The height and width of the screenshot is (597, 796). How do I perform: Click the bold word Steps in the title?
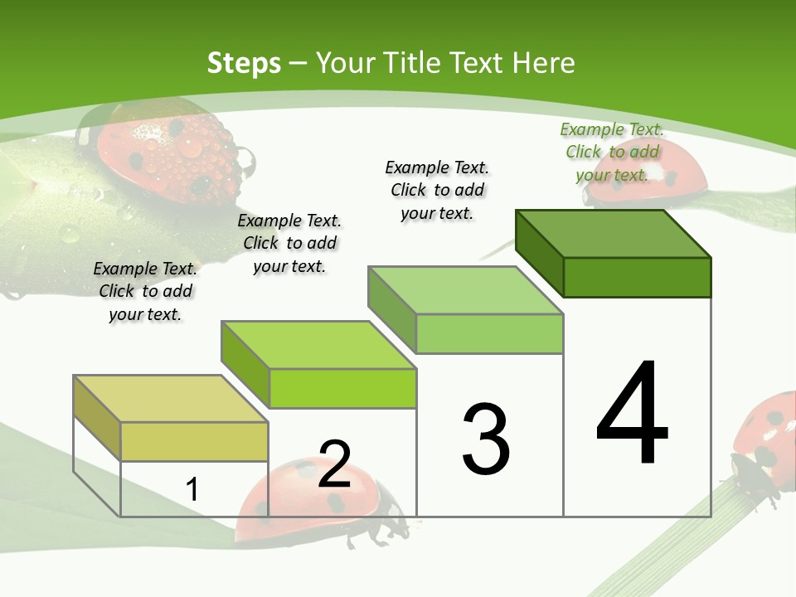click(x=244, y=63)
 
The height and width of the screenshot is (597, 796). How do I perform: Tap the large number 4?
click(x=632, y=414)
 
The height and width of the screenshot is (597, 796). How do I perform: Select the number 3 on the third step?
click(x=485, y=439)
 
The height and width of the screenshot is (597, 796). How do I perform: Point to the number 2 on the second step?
click(x=334, y=464)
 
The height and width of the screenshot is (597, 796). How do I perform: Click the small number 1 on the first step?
click(x=192, y=489)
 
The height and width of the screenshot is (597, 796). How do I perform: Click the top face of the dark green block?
click(x=614, y=233)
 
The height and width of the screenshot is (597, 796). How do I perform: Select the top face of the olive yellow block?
click(x=170, y=399)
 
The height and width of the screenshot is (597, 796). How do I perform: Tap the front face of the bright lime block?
click(x=342, y=388)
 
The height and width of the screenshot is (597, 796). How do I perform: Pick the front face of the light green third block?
click(x=489, y=333)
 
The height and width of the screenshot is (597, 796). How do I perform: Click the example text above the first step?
click(x=145, y=291)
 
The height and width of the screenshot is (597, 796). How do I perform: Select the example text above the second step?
click(x=289, y=243)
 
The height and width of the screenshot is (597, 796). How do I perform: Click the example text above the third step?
click(x=437, y=190)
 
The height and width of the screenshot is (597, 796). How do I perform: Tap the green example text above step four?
click(x=612, y=152)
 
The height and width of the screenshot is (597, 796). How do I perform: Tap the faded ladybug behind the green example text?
click(x=672, y=178)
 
